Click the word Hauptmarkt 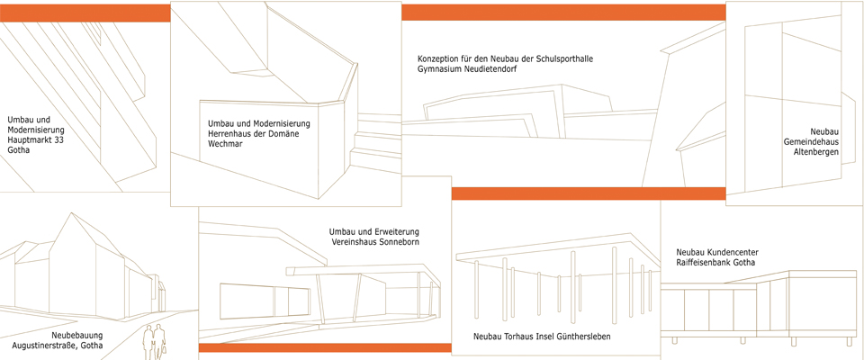(x=27, y=140)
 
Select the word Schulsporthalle (x=565, y=59)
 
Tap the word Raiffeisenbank (x=704, y=263)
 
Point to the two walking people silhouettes (x=155, y=342)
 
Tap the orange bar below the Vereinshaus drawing (x=325, y=347)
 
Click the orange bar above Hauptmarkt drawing (x=85, y=13)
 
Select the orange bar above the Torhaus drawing (x=588, y=193)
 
